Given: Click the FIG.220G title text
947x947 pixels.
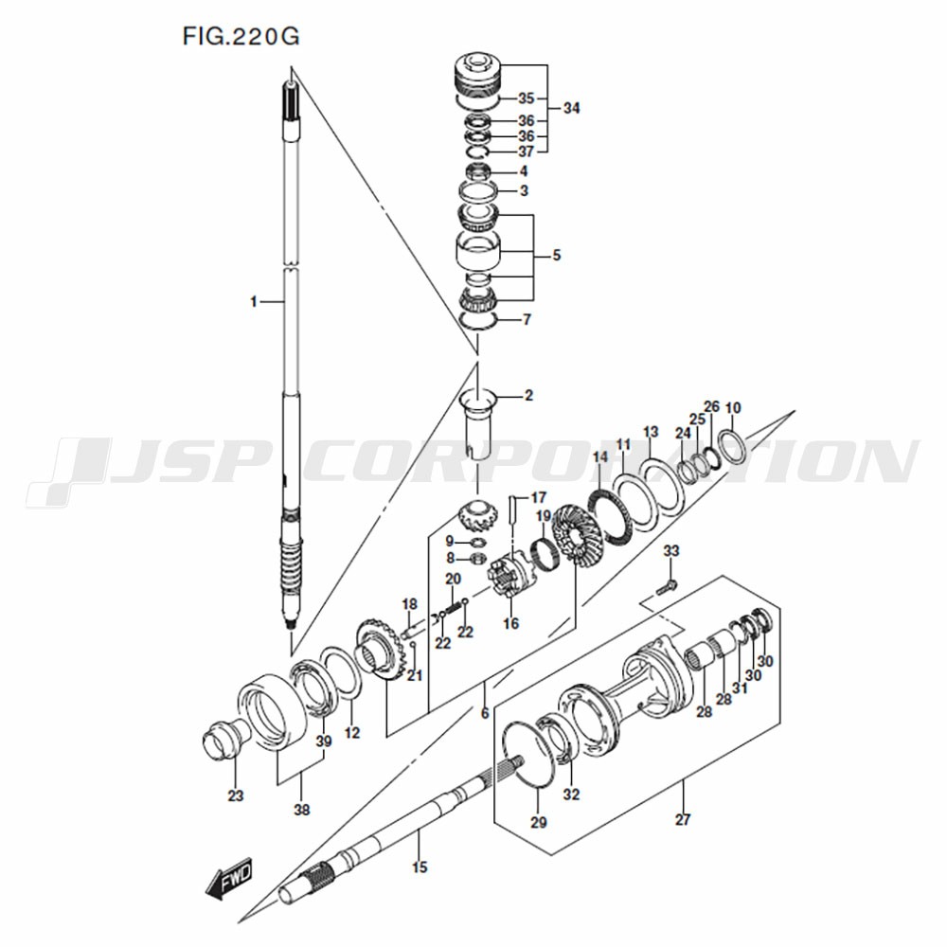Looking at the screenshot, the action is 241,37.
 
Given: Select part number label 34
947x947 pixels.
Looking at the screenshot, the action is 571,108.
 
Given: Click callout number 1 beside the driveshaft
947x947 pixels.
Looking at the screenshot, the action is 254,301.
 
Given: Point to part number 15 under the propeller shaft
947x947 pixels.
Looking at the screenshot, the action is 420,867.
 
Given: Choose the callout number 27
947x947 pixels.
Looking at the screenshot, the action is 683,819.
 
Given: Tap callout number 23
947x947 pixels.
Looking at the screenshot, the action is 236,796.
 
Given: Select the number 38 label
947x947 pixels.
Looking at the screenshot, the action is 301,810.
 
